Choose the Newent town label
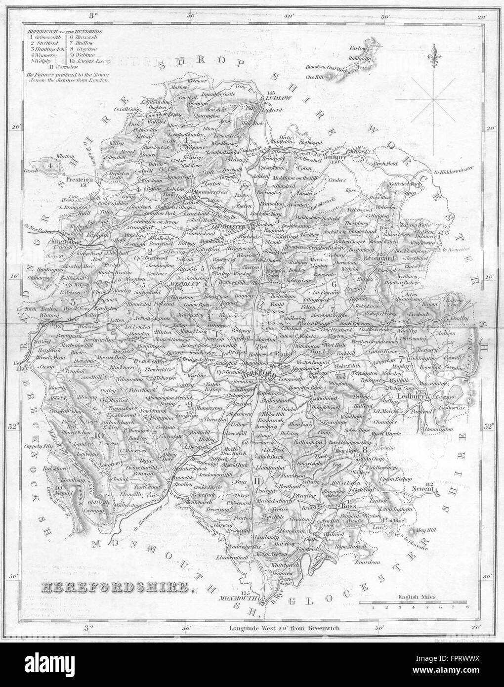(423, 490)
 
